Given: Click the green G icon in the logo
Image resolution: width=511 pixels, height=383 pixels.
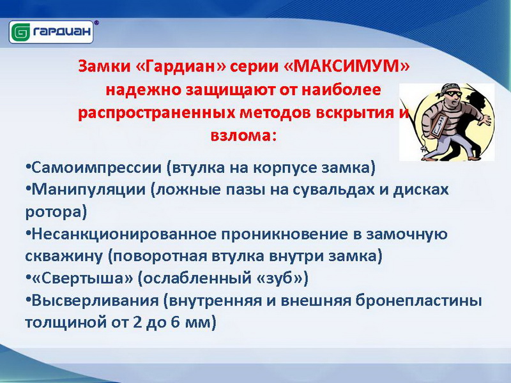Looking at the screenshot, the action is pos(20,32).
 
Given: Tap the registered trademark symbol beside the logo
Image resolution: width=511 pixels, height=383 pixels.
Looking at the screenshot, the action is pos(96,23).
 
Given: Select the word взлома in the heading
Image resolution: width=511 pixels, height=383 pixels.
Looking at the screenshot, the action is pos(240,135).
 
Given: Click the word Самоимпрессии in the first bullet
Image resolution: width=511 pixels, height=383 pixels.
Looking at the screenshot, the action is pos(97,168).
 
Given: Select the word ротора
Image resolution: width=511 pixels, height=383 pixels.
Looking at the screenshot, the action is pos(53,213).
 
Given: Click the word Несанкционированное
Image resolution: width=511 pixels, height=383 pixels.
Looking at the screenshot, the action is pos(124,234).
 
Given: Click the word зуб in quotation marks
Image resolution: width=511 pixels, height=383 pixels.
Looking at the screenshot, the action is pos(280,278).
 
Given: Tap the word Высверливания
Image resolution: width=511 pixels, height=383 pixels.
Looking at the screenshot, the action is pos(95,300).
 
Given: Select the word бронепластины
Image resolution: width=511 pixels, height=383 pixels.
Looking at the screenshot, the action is pos(418,300).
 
